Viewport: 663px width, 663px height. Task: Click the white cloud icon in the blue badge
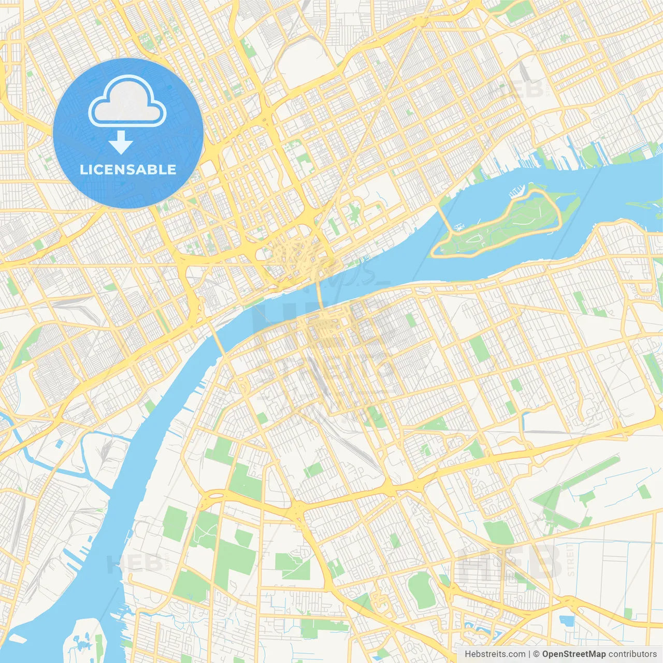[x=127, y=102]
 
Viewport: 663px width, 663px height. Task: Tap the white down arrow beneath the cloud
[x=121, y=142]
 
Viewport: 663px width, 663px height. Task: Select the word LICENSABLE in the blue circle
[x=128, y=169]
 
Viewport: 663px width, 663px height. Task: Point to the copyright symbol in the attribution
[x=537, y=654]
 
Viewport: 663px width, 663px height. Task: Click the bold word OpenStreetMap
[x=574, y=654]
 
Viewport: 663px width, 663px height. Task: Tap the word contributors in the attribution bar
[x=632, y=654]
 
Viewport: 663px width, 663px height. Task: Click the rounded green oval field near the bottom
[x=420, y=590]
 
